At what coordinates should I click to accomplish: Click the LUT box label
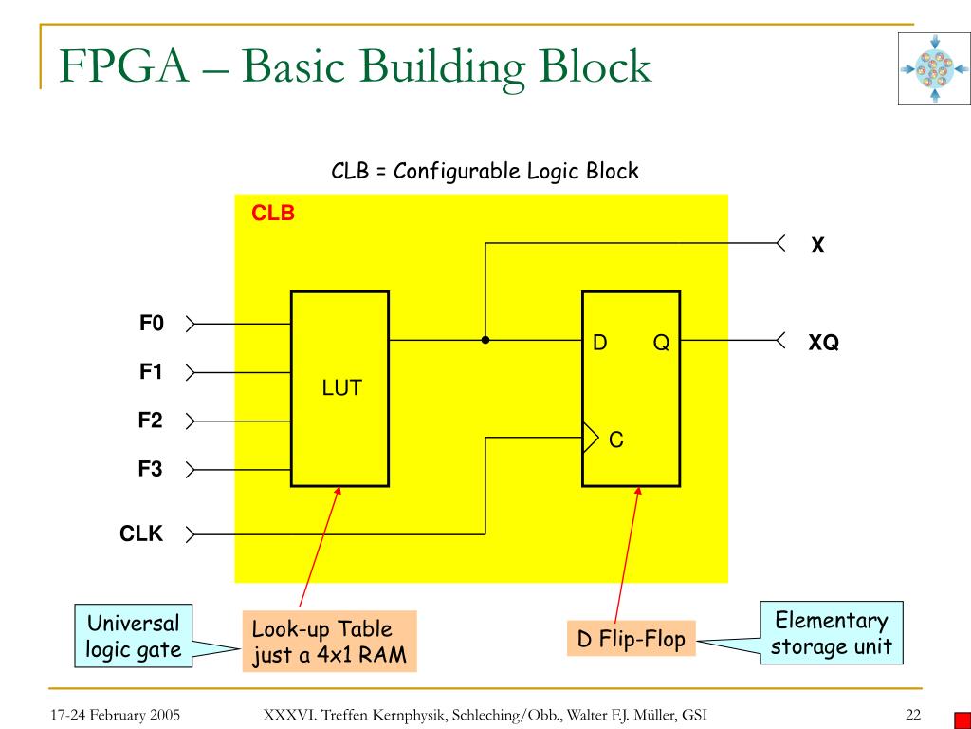pyautogui.click(x=341, y=388)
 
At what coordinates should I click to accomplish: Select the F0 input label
pyautogui.click(x=152, y=324)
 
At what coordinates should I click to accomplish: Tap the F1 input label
pyautogui.click(x=152, y=372)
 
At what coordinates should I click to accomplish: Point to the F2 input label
pyautogui.click(x=152, y=421)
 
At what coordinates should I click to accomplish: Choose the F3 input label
pyautogui.click(x=152, y=469)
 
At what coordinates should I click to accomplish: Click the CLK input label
pyautogui.click(x=141, y=534)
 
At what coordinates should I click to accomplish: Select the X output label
pyautogui.click(x=816, y=246)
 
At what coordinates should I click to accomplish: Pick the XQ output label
pyautogui.click(x=823, y=343)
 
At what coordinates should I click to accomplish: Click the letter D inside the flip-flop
pyautogui.click(x=600, y=343)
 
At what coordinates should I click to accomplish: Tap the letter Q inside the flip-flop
pyautogui.click(x=660, y=343)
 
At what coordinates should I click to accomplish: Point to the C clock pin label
pyautogui.click(x=615, y=439)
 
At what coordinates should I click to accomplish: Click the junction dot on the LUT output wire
pyautogui.click(x=485, y=339)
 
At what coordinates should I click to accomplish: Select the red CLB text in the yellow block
pyautogui.click(x=273, y=214)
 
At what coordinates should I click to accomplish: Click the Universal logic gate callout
pyautogui.click(x=133, y=637)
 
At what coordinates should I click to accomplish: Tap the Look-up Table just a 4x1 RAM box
pyautogui.click(x=329, y=642)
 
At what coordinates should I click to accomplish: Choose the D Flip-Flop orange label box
pyautogui.click(x=632, y=640)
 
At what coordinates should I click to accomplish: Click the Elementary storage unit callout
pyautogui.click(x=831, y=634)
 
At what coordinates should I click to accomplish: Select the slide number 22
pyautogui.click(x=913, y=715)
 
